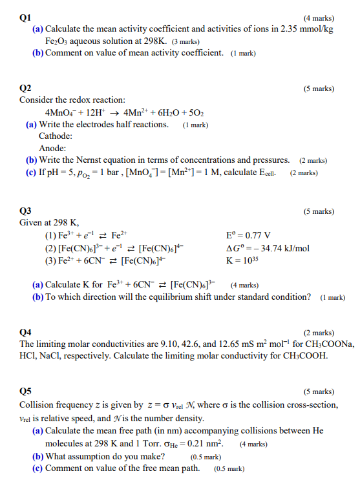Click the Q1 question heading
(x=26, y=19)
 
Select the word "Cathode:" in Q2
(x=56, y=136)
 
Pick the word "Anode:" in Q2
(x=52, y=148)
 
